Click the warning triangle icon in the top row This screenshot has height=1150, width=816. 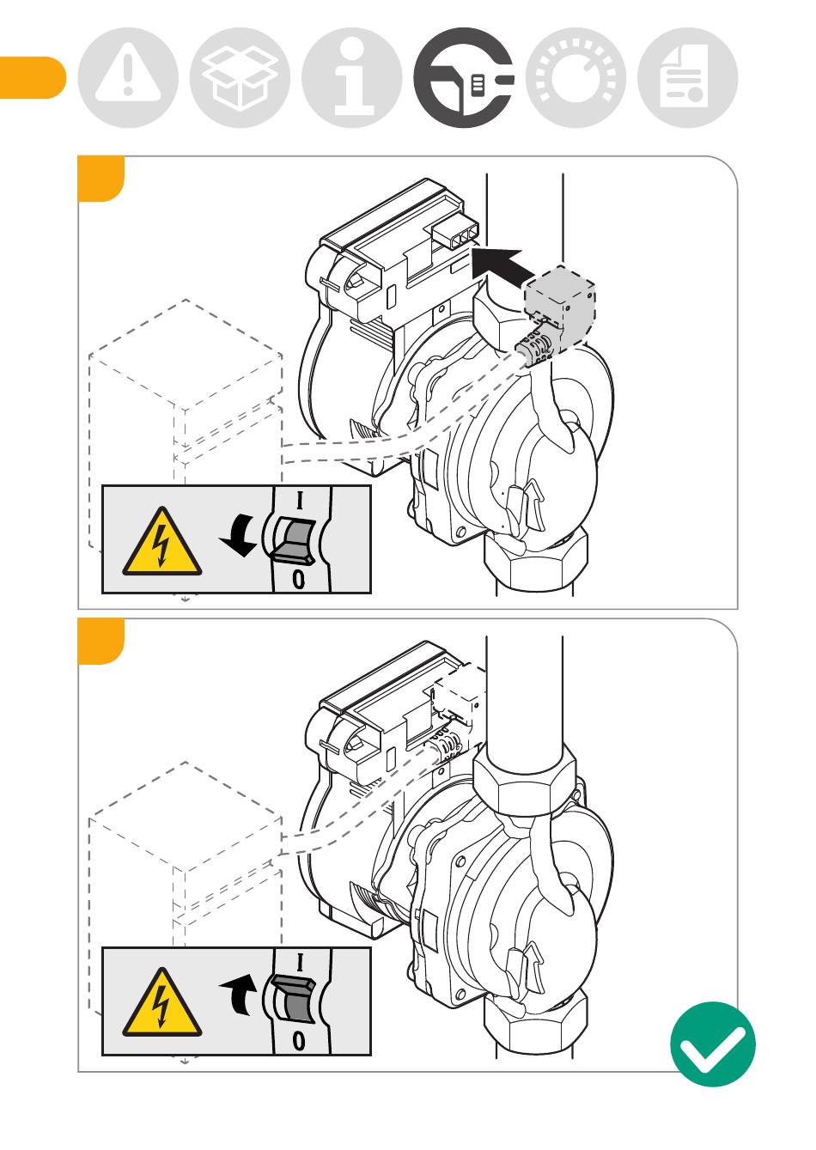pyautogui.click(x=128, y=77)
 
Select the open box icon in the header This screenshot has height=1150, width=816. pyautogui.click(x=240, y=77)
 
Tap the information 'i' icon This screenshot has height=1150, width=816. pyautogui.click(x=352, y=77)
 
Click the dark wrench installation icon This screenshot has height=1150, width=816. pyautogui.click(x=464, y=77)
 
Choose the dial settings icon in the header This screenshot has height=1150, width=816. pyautogui.click(x=575, y=77)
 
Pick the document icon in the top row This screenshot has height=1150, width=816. pyautogui.click(x=688, y=77)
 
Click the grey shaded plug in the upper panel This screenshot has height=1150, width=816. pyautogui.click(x=558, y=313)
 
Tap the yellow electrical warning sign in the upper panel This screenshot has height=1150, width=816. pyautogui.click(x=161, y=543)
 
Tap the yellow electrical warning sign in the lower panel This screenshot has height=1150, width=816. pyautogui.click(x=161, y=1004)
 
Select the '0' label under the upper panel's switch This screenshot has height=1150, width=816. pyautogui.click(x=298, y=580)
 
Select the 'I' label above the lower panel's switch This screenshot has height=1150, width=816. pyautogui.click(x=300, y=962)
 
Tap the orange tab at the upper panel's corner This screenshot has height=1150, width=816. pyautogui.click(x=100, y=178)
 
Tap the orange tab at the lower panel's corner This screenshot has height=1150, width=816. pyautogui.click(x=100, y=641)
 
